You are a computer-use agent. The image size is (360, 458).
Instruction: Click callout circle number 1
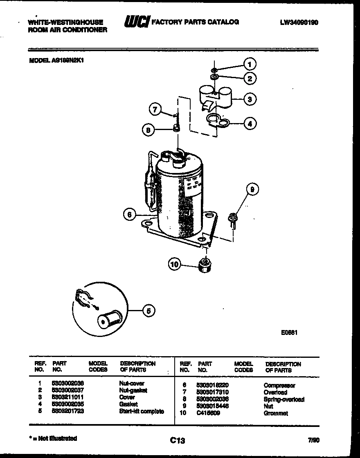tap(250, 64)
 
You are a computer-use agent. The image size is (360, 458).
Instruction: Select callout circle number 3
tap(250, 99)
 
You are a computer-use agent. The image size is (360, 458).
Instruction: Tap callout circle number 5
tap(148, 311)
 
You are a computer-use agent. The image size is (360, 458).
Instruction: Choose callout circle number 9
tap(252, 189)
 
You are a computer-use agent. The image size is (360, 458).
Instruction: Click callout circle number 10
tap(175, 265)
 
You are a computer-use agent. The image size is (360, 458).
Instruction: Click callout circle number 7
tap(154, 109)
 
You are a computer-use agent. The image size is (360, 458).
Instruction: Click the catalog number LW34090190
tap(299, 23)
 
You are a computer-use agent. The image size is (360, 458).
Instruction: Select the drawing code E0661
tap(289, 332)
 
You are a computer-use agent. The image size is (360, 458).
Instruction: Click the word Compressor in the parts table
tap(279, 385)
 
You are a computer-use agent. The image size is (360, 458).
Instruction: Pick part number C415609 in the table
tap(208, 413)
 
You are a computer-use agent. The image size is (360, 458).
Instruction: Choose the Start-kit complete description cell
tap(142, 411)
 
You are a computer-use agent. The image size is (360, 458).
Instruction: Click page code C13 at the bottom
tap(178, 440)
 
